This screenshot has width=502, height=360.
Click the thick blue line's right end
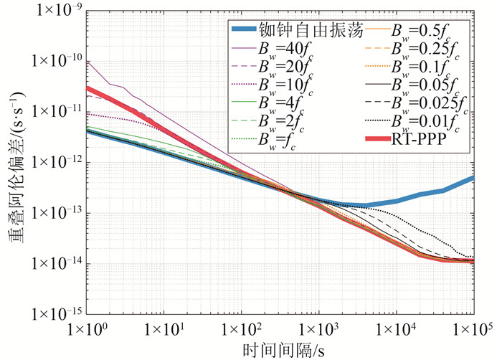pos(473,177)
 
